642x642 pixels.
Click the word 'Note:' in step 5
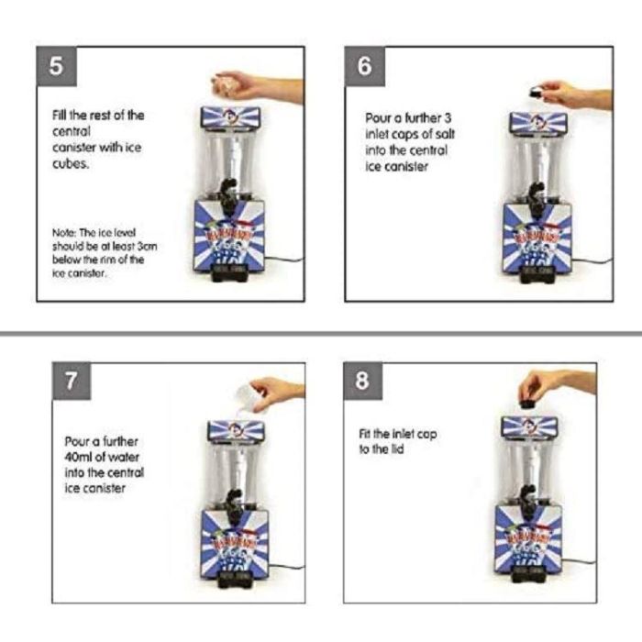[64, 233]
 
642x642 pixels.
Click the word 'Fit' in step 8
[365, 433]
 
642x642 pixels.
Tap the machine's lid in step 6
[537, 123]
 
